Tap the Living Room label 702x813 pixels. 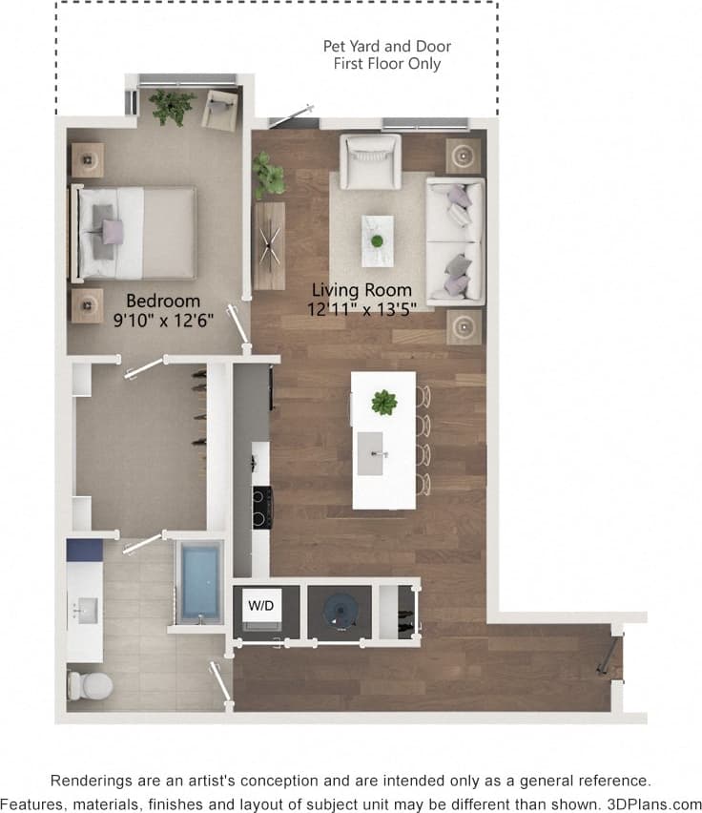[361, 289]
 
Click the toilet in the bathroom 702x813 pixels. [88, 684]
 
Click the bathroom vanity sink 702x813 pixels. [85, 609]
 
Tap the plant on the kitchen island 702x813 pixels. [383, 403]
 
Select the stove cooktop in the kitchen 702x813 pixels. [261, 506]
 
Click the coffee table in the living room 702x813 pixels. [377, 240]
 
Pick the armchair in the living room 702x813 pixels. [371, 159]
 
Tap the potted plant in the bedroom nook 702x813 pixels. [172, 106]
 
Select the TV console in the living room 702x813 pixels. [269, 245]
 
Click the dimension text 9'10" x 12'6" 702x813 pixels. [163, 320]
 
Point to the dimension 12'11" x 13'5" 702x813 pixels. [361, 308]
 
